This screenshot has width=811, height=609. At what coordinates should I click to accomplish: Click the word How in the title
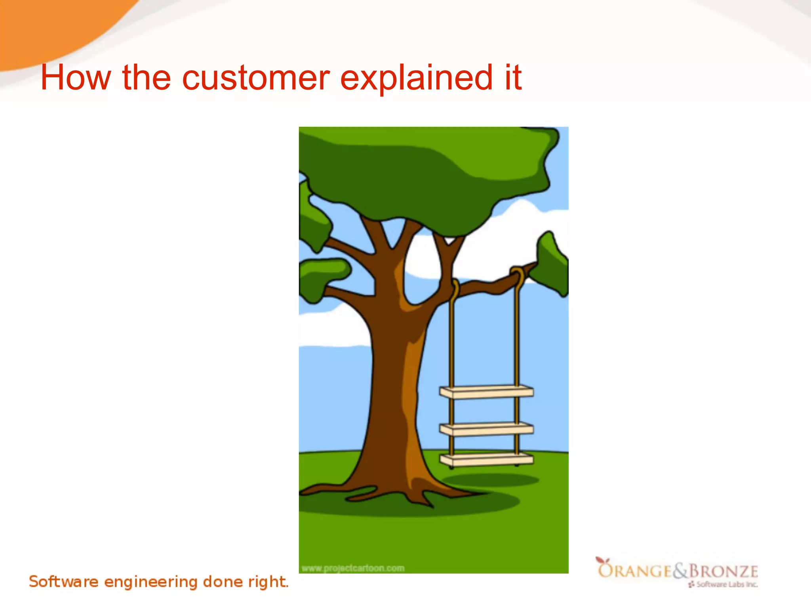coord(76,78)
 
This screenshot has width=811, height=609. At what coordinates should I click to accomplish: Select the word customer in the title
coord(256,78)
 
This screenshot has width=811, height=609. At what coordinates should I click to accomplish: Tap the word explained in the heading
coord(416,78)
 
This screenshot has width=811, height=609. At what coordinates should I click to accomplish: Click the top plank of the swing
coord(486,392)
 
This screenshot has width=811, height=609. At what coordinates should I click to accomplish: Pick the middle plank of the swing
coord(486,429)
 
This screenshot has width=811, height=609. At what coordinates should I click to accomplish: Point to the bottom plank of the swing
coord(486,460)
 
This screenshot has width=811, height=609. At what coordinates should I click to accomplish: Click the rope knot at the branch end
coord(517,274)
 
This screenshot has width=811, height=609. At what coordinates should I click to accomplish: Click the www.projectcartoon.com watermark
coord(353,568)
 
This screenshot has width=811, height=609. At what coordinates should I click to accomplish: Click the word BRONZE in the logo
coord(723,571)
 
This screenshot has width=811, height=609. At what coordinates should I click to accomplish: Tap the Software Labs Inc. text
coord(726,584)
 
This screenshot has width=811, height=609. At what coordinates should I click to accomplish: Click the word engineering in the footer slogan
coord(150,582)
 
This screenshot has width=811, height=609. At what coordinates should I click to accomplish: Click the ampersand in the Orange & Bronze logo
coord(680,571)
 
